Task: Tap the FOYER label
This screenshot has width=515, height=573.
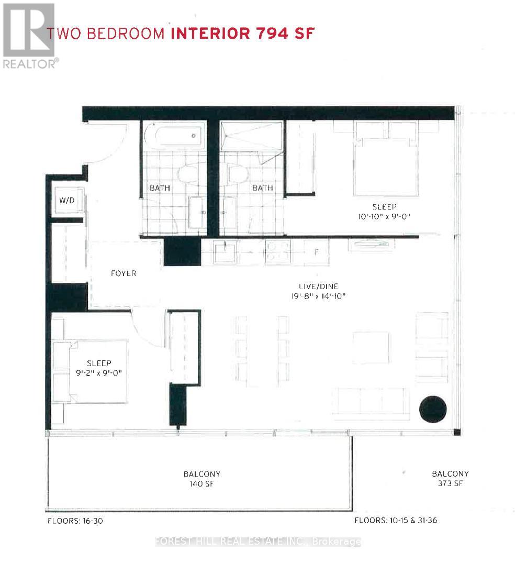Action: click(x=124, y=273)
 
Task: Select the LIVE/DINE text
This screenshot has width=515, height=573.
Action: click(x=323, y=286)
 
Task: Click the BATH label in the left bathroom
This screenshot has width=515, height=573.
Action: click(x=160, y=188)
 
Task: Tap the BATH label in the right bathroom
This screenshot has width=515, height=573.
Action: click(x=263, y=188)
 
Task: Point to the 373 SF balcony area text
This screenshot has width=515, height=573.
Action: click(x=450, y=483)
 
